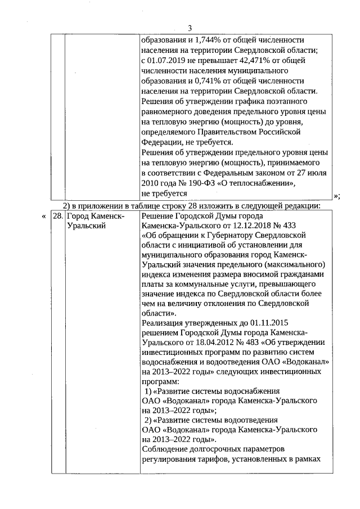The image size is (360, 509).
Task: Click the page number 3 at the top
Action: [190, 28]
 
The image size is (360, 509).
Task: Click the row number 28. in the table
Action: [57, 216]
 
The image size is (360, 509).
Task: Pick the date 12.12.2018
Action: [243, 226]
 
